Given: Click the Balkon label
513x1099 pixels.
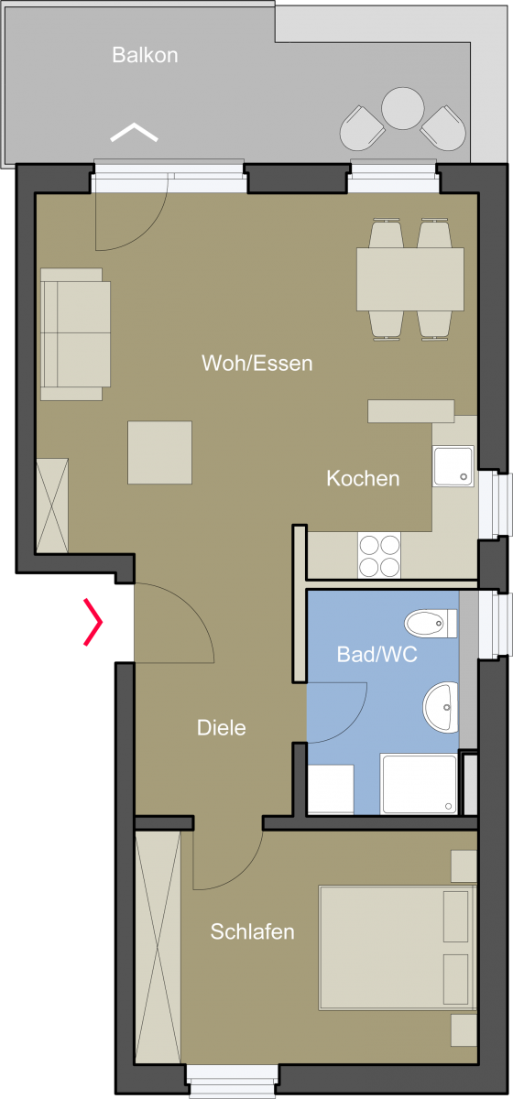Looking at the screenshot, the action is coord(145,55).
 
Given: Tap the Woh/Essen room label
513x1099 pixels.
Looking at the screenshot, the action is coord(256,363).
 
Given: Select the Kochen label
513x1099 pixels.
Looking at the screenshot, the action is coord(363,478).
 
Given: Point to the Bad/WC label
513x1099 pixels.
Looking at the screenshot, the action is coord(377,654).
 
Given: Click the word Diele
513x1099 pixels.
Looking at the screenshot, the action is coord(222,727).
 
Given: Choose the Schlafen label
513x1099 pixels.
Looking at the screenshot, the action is coord(252,931).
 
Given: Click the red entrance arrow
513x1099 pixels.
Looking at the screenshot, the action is coord(93,622).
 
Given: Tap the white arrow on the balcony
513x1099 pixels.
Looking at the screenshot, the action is coord(134,132).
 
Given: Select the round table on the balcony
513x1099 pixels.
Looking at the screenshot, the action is coord(402,108).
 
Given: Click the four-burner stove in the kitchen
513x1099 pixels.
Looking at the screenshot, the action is coord(379,556).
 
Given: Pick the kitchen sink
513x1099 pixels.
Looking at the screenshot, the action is coord(453,466).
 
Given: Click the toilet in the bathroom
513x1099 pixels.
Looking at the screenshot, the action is coord(431,624).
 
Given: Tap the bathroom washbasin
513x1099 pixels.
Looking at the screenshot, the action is coord(441,707).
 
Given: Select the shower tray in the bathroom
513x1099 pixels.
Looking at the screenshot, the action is coord(420,784).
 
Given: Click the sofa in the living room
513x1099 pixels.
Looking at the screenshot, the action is coord(75,334).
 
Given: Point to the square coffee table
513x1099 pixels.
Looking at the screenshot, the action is coord(159,452).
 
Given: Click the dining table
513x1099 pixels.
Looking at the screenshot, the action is coord(409,279).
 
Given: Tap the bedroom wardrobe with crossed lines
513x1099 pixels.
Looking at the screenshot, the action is coord(158,947).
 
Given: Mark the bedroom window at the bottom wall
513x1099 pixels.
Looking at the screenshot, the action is coord(232,1081).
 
